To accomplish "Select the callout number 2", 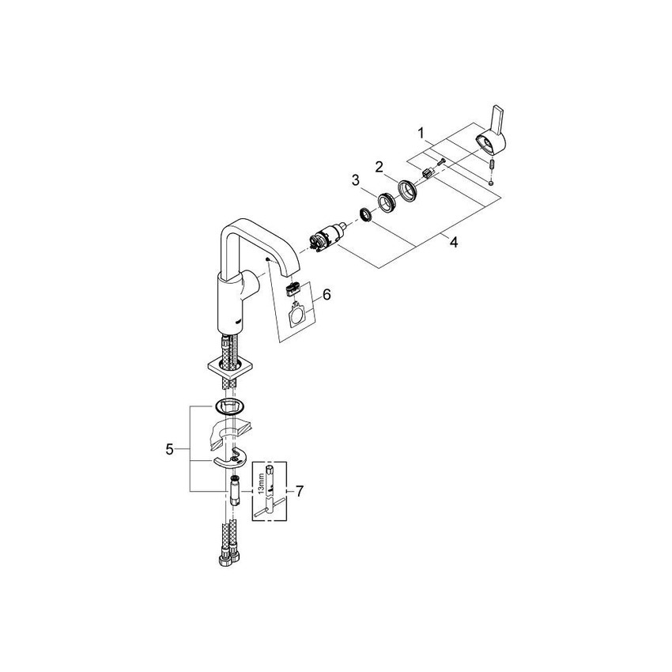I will tap(379, 167).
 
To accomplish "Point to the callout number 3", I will tap(357, 182).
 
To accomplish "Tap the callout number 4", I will tap(453, 243).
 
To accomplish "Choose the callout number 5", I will tap(169, 450).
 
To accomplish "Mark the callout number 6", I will tap(327, 294).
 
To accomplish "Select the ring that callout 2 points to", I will tap(408, 191).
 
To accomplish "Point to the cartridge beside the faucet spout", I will tap(324, 236).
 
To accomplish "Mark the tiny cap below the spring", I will tap(492, 181).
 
